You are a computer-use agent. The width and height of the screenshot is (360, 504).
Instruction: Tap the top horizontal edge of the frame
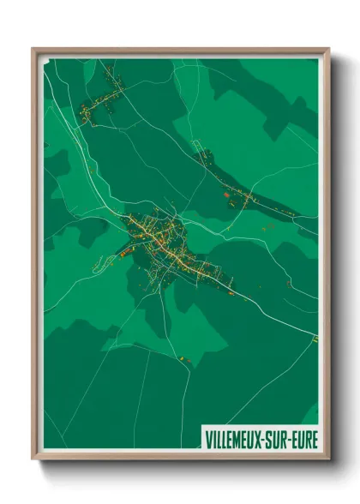tap(180, 51)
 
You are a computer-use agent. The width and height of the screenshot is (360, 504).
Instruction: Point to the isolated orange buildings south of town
tap(183, 357)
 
